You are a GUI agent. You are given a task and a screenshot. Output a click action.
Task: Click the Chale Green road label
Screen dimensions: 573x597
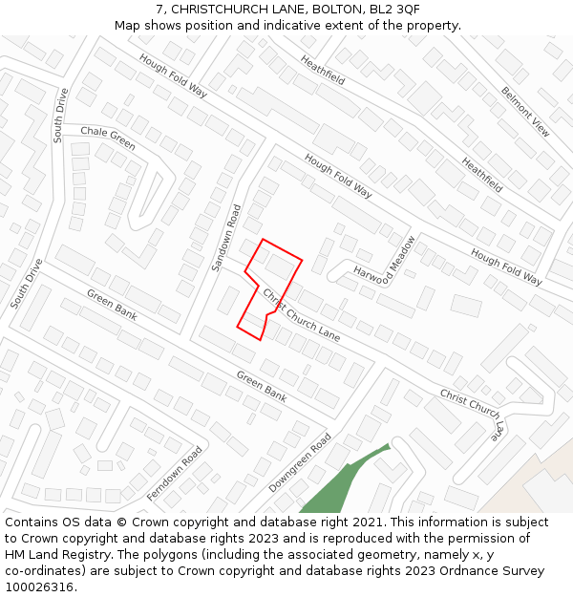[108, 138]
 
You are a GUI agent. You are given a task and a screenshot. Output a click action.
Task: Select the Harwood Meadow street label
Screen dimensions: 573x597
[385, 265]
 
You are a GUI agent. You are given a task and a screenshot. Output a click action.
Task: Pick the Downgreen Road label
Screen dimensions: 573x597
[300, 462]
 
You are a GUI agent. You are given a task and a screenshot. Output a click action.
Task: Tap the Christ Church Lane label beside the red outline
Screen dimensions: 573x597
[301, 314]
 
